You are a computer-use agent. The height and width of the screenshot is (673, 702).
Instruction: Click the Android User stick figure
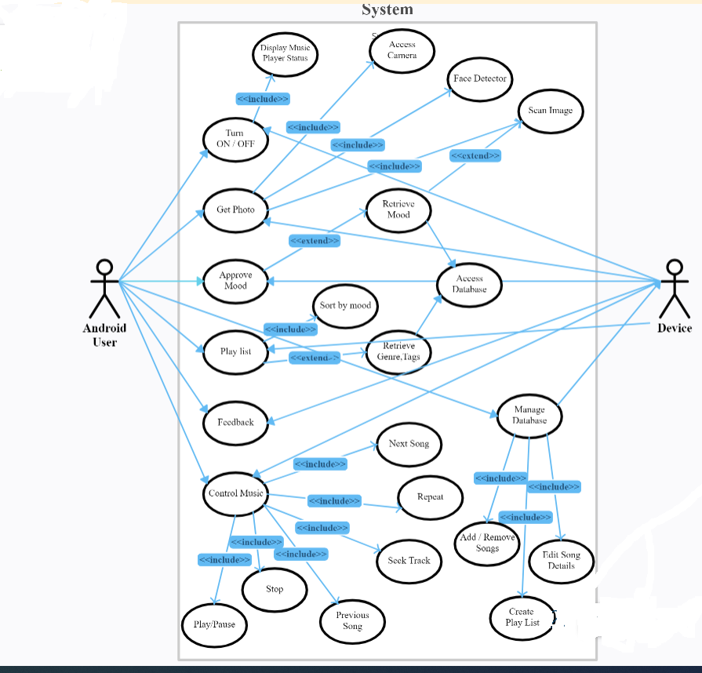point(105,289)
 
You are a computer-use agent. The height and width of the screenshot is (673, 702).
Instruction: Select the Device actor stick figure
point(674,288)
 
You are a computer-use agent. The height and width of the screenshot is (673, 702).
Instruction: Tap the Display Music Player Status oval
point(285,53)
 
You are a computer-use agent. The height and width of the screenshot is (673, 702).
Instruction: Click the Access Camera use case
point(402,49)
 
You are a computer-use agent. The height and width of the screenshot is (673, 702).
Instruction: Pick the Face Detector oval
point(480,78)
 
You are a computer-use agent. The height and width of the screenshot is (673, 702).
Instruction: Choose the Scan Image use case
point(550,111)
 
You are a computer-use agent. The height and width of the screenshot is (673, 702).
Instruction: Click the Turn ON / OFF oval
point(235,139)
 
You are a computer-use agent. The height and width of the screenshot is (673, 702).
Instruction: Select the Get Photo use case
point(235,209)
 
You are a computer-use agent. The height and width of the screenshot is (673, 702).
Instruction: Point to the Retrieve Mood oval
point(398,209)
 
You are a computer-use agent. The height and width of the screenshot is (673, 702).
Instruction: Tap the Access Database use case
point(469,284)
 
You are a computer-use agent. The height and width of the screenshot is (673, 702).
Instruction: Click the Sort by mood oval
point(345,305)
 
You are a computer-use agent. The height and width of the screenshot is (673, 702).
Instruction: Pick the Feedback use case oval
point(235,422)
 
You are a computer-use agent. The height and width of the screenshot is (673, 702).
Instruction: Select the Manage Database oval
point(529,416)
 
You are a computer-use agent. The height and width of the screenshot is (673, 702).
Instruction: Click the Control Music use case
point(235,493)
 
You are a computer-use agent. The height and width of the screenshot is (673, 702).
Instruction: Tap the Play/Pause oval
point(214,624)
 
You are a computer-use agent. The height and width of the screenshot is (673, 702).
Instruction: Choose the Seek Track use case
point(409,560)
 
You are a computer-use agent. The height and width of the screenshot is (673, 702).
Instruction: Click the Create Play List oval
point(522,617)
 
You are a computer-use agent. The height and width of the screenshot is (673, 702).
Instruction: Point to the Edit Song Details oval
point(562,560)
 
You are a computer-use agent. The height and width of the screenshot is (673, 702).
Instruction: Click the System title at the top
point(387,9)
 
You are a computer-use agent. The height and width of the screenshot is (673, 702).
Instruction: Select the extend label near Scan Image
point(475,156)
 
